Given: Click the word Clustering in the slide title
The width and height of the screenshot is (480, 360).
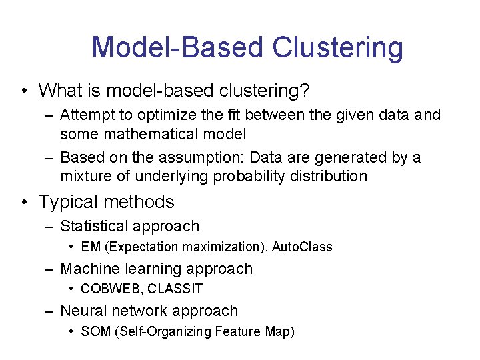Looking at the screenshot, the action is (337, 48).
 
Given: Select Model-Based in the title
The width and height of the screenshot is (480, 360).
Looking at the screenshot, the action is (177, 48).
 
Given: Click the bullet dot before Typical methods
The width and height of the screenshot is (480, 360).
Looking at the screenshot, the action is (25, 202).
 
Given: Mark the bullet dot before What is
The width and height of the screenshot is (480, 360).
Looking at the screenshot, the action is (25, 90).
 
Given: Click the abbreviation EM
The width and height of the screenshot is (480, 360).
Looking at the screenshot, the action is (91, 247).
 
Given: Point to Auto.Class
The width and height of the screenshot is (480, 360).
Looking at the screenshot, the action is (303, 247).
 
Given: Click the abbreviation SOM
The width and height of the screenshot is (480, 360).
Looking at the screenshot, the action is (95, 331).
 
